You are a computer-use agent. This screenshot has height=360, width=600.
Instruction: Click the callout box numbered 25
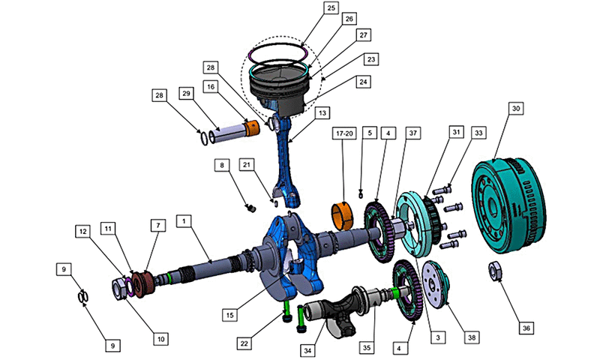pos(331,7)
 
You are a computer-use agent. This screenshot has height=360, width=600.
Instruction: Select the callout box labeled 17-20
pos(344,133)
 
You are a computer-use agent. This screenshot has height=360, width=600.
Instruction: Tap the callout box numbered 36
pos(526,328)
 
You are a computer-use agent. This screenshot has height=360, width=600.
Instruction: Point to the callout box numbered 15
pos(229,315)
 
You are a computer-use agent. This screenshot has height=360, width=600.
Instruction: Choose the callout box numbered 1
pos(184,221)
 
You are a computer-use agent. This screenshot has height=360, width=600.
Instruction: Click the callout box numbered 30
pos(516,109)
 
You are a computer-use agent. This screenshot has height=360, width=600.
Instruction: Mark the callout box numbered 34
pos(307,350)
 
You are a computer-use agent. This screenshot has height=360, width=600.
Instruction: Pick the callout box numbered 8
pos(222,165)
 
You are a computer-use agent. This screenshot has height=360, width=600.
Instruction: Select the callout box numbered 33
pos(478,133)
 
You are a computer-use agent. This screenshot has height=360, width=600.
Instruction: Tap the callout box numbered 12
pos(82,232)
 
